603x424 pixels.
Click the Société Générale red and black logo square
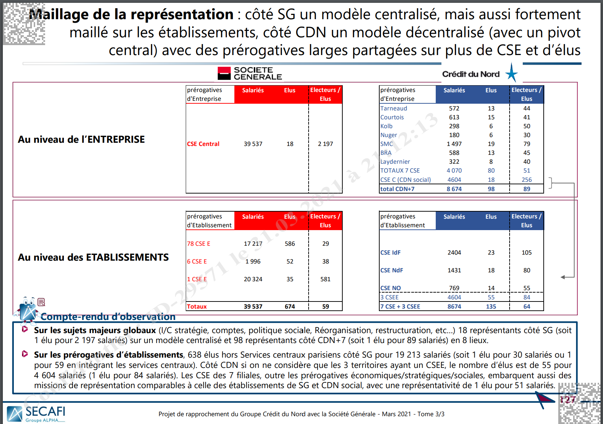tap(224, 73)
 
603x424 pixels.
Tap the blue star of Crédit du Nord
tap(511, 73)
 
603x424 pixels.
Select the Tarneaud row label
tap(393, 108)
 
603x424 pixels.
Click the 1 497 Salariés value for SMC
tap(454, 144)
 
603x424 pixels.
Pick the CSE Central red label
tap(203, 144)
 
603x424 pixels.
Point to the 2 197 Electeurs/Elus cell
tap(325, 144)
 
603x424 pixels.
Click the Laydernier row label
tap(395, 162)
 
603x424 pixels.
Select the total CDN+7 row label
tap(397, 189)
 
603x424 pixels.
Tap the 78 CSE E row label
tap(199, 244)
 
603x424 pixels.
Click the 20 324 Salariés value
tap(253, 279)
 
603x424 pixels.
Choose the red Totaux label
tap(197, 306)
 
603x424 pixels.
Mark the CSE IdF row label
tap(390, 252)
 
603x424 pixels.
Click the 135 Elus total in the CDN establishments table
tap(491, 306)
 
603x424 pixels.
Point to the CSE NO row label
tap(390, 288)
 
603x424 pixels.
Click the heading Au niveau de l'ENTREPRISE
tap(81, 140)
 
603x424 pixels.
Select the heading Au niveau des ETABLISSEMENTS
tap(93, 257)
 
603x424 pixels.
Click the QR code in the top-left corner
tap(24, 24)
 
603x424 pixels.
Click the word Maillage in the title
tap(59, 15)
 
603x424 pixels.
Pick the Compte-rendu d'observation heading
tap(108, 316)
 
